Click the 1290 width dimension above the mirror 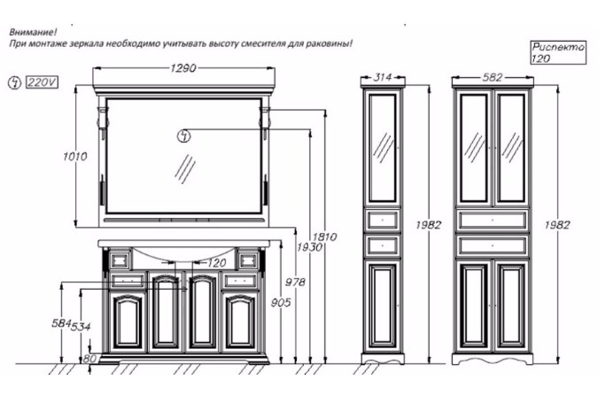click(x=183, y=68)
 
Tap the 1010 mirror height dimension click(x=75, y=156)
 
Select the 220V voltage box click(x=42, y=82)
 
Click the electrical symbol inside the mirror click(x=183, y=136)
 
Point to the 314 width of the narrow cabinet click(x=383, y=77)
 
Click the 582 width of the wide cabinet click(x=493, y=78)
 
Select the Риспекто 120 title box click(x=558, y=52)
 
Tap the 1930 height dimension click(x=309, y=247)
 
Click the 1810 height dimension click(x=324, y=236)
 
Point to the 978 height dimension click(x=295, y=283)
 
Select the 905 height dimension click(x=281, y=303)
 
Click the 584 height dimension click(x=61, y=323)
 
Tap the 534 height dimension click(x=81, y=327)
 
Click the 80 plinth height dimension click(x=89, y=359)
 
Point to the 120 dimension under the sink click(x=216, y=263)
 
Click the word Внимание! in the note click(x=33, y=32)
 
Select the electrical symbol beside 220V click(x=15, y=82)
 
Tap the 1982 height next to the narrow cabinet click(x=428, y=225)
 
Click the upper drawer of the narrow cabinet click(x=383, y=220)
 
